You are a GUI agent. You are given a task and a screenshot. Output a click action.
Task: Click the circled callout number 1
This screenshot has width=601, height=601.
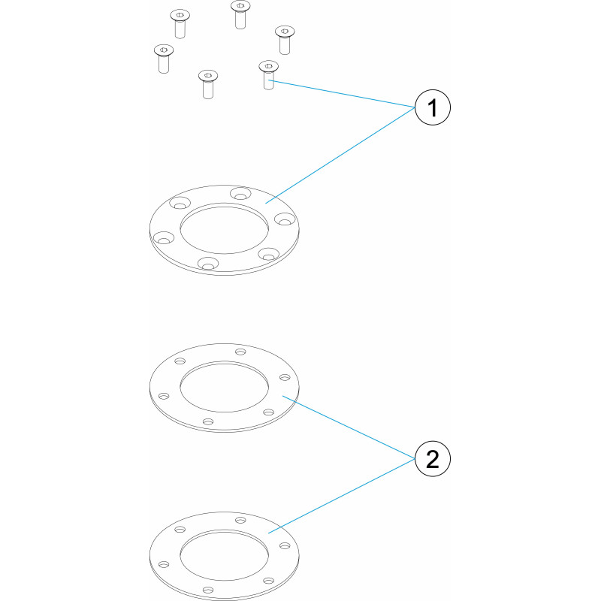(x=433, y=107)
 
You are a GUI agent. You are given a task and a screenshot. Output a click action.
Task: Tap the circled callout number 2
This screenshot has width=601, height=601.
(x=433, y=459)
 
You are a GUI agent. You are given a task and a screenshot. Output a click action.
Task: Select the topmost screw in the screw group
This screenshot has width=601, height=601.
(x=240, y=14)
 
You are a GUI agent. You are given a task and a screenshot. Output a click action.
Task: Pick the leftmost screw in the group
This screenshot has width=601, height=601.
(x=164, y=59)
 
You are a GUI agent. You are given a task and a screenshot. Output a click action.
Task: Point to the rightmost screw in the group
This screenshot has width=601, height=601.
(x=285, y=40)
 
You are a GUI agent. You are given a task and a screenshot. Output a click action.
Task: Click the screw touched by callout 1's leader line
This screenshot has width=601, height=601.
(x=269, y=74)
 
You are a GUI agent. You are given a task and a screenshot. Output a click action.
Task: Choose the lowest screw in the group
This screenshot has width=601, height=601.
(x=208, y=84)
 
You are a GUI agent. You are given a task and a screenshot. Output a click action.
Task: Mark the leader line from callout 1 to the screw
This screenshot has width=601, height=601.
(x=342, y=93)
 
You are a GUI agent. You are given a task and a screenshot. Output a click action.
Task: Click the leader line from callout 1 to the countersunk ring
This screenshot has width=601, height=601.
(x=340, y=156)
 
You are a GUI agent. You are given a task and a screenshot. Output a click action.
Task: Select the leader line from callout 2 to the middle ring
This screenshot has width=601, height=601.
(x=349, y=427)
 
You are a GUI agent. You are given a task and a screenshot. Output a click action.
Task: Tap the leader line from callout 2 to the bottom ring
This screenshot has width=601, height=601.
(x=342, y=496)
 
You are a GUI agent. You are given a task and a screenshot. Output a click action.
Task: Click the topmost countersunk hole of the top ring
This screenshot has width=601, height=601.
(x=240, y=193)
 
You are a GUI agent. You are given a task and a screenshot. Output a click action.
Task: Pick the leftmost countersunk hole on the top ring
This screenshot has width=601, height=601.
(x=164, y=237)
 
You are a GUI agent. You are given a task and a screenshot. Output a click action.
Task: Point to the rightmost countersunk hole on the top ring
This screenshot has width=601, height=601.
(x=285, y=219)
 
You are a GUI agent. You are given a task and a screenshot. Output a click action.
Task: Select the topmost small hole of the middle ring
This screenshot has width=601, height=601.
(x=240, y=352)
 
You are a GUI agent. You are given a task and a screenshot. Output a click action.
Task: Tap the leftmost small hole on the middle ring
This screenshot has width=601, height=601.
(x=164, y=396)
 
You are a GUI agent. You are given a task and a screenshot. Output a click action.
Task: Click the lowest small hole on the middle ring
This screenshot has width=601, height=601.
(x=208, y=421)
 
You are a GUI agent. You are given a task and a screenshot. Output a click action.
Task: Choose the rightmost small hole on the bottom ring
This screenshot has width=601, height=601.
(x=285, y=546)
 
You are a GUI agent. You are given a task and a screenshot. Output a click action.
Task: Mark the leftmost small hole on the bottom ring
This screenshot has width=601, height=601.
(x=164, y=565)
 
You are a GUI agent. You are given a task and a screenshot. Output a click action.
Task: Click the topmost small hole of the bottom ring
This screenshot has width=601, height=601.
(x=240, y=520)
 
